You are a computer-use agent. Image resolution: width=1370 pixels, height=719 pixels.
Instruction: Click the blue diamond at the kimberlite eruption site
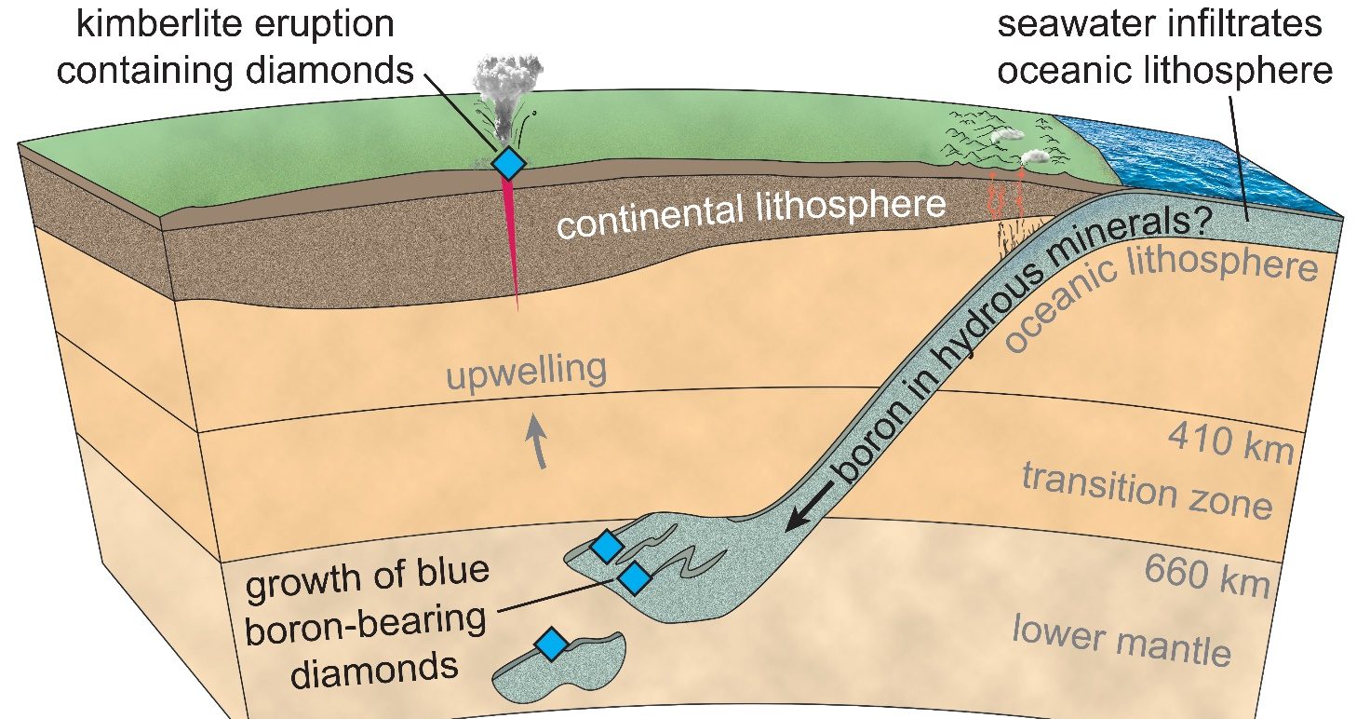(509, 163)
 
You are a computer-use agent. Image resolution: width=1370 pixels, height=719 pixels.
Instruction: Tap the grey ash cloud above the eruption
(507, 93)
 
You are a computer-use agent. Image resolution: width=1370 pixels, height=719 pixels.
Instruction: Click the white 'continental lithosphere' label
(751, 213)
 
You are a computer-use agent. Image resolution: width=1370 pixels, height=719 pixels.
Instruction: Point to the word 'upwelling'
(527, 372)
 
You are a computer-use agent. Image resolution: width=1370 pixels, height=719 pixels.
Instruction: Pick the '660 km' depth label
(1207, 576)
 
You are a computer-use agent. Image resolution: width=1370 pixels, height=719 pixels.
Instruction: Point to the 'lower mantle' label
(1122, 641)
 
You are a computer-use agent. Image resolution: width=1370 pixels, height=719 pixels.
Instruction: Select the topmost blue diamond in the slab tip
(607, 547)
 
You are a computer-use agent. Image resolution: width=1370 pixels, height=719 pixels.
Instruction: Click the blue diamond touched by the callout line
(634, 577)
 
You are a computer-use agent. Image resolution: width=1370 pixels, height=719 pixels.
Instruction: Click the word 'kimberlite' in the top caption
(160, 24)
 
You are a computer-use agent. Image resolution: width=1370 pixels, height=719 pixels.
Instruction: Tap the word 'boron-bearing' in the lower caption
(365, 624)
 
